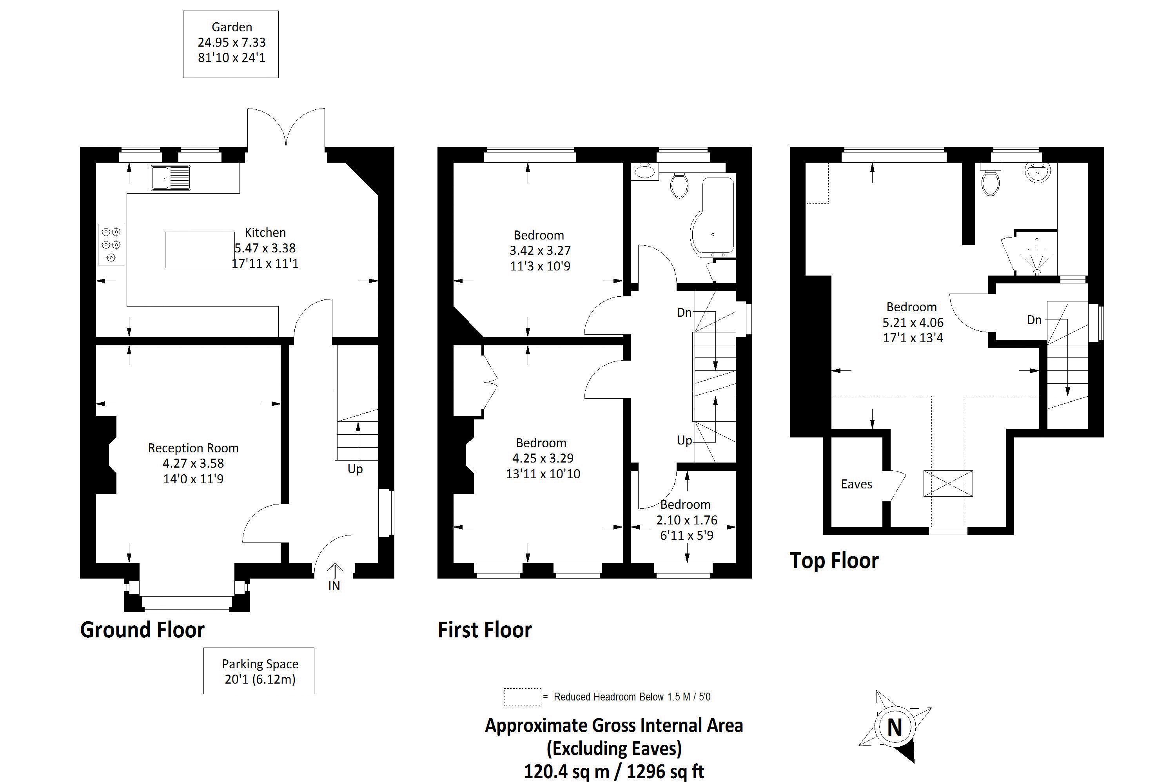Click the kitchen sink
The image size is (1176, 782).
(x=170, y=178)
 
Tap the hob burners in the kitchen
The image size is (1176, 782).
(x=111, y=244)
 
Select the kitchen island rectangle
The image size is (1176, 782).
(x=200, y=249)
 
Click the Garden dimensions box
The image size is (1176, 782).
(x=231, y=44)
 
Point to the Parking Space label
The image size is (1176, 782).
(x=260, y=664)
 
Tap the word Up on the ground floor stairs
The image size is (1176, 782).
(x=355, y=469)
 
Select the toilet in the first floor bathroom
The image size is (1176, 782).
(x=679, y=185)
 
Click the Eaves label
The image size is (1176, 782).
(x=856, y=484)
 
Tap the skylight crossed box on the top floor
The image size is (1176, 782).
(x=947, y=483)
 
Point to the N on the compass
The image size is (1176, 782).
(x=894, y=727)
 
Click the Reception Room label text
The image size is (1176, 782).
(x=193, y=448)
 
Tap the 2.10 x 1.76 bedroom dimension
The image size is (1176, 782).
(x=686, y=520)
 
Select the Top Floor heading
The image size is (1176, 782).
(x=834, y=561)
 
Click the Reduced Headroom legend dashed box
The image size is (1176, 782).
(x=522, y=697)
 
